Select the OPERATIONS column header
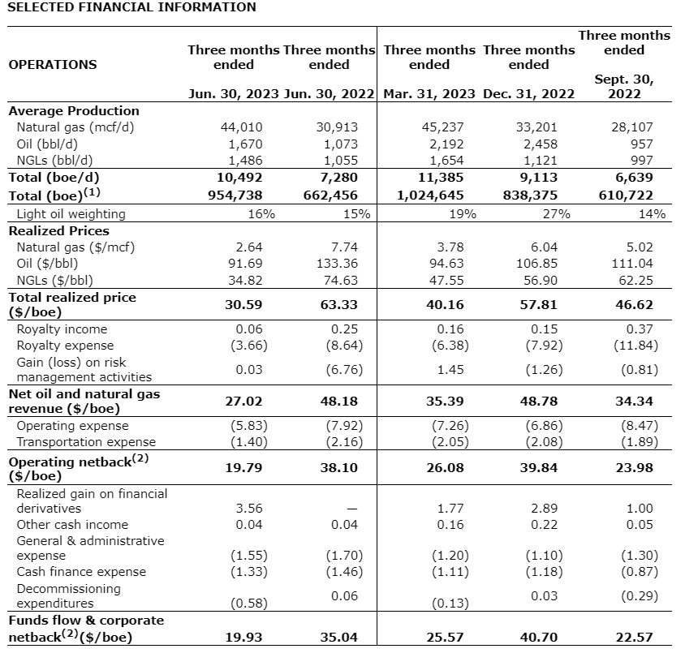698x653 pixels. pyautogui.click(x=52, y=65)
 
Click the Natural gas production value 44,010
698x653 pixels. pyautogui.click(x=242, y=127)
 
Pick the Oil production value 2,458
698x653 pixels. pyautogui.click(x=537, y=144)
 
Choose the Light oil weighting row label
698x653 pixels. pyautogui.click(x=71, y=214)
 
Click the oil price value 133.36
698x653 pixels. pyautogui.click(x=338, y=264)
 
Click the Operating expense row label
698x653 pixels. pyautogui.click(x=73, y=426)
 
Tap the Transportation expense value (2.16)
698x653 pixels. pyautogui.click(x=343, y=442)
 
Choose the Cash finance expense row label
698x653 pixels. pyautogui.click(x=82, y=572)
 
